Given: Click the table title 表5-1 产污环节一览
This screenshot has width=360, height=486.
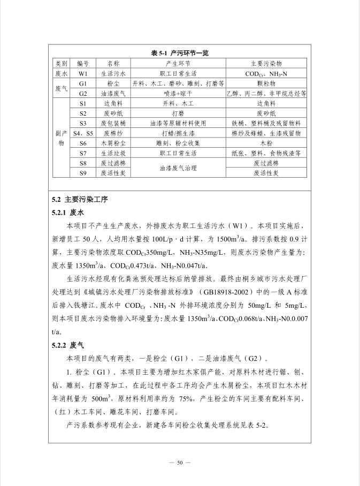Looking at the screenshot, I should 180,53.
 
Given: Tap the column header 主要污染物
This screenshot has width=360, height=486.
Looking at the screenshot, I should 266,64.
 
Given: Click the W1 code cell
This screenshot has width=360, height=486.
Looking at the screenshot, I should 83,73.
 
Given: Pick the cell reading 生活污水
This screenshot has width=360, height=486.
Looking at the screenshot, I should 113,73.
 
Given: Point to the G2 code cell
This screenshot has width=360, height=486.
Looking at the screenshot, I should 83,93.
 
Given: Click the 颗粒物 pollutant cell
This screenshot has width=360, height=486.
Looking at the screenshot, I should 266,83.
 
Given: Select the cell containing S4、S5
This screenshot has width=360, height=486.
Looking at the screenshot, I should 83,133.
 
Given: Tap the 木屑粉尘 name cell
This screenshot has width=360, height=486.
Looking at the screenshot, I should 113,143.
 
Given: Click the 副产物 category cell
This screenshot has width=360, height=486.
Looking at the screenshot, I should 61,138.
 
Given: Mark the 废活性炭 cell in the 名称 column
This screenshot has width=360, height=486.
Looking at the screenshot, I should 113,173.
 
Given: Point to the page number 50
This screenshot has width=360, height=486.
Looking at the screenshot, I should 180,462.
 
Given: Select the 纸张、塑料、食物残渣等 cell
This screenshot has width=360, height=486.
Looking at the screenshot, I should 266,153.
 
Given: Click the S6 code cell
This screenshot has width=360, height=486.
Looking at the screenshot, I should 83,143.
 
